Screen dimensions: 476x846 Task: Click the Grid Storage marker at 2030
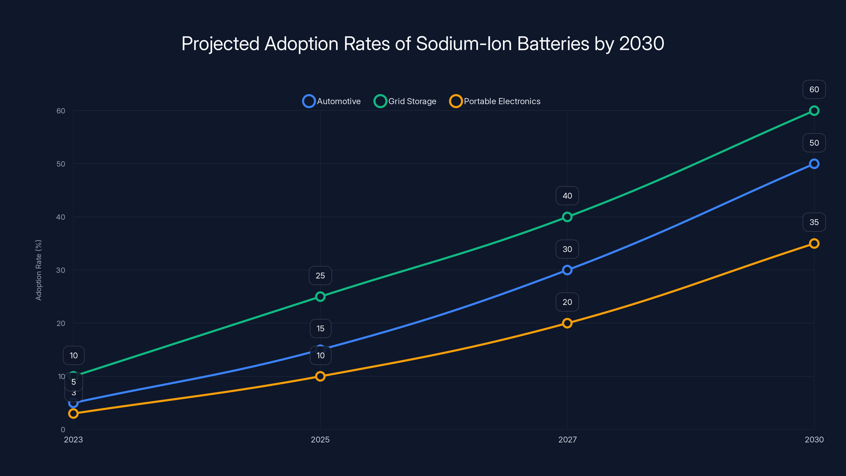click(814, 111)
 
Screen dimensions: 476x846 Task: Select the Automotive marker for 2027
click(567, 270)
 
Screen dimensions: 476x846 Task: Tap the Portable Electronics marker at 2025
click(320, 376)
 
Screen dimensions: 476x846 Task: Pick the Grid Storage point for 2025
click(320, 297)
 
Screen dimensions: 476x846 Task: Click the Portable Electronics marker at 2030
click(814, 243)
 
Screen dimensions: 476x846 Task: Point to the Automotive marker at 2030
click(814, 164)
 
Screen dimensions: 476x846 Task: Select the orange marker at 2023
click(73, 413)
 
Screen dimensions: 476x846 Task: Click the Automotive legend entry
click(332, 101)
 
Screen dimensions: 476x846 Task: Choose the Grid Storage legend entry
click(405, 101)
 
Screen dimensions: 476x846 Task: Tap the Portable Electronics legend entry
click(495, 101)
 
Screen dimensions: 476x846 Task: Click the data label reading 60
click(814, 89)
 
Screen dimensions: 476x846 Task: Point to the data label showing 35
click(814, 222)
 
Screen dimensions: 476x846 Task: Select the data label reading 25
click(320, 276)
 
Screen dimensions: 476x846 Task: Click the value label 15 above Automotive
click(320, 328)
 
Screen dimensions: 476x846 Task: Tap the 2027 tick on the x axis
click(567, 440)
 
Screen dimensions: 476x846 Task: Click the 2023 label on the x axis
click(73, 440)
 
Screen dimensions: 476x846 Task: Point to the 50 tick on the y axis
click(61, 164)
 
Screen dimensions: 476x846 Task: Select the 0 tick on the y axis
click(63, 429)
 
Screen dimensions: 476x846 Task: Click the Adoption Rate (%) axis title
click(38, 270)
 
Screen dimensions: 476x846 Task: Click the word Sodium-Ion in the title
click(464, 44)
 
